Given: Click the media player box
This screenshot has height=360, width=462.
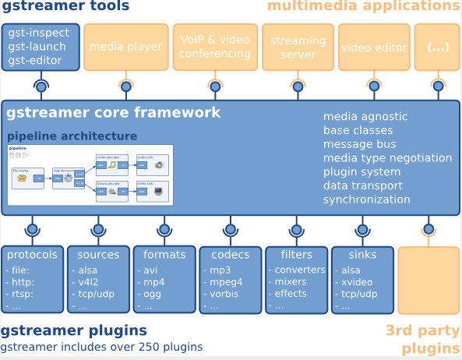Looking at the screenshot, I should coord(125,47).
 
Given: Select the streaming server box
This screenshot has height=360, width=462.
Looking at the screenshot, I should coord(298,47).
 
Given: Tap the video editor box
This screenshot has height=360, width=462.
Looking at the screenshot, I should coord(370,48).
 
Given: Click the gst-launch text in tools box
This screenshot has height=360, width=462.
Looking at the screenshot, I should coord(38,47).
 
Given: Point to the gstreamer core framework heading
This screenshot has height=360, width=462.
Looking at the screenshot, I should coord(114,113).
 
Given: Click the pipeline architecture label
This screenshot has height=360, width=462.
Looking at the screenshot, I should coord(72,136).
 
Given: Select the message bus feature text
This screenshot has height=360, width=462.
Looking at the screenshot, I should coord(359,144).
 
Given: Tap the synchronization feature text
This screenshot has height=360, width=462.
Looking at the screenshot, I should coord(366,199).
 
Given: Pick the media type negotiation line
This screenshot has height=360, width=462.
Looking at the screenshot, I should coord(387,158).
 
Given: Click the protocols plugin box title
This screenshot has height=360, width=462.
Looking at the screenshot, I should coord(32,255).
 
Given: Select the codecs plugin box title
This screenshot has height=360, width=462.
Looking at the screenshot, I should coord(230,255).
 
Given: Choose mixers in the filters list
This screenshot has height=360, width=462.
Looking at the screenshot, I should coord(291,282).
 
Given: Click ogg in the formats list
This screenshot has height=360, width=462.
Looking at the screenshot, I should coord(153,294).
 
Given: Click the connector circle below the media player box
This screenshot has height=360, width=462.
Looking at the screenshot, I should coord(125,85).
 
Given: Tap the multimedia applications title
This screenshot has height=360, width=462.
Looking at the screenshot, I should coord(364,7).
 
